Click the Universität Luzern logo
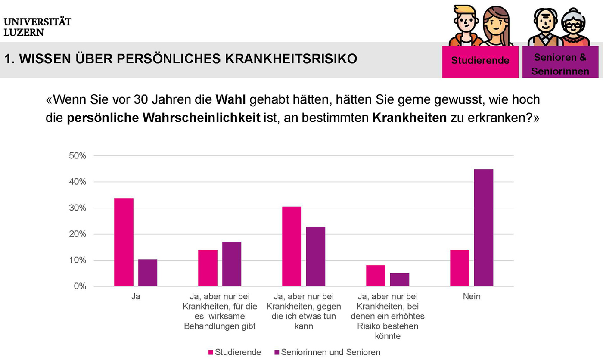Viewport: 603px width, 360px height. click(37, 27)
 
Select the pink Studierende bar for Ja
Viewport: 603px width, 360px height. click(124, 242)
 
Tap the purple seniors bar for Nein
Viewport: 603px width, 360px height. click(484, 228)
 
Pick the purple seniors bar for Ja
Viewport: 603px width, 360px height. click(148, 273)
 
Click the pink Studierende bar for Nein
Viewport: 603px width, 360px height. click(460, 268)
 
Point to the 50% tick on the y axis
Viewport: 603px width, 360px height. click(78, 156)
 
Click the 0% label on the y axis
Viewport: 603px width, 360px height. click(80, 286)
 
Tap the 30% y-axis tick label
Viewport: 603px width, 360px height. click(78, 208)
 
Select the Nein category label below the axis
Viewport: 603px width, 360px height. click(472, 296)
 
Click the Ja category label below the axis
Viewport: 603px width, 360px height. click(136, 296)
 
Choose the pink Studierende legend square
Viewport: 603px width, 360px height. click(211, 352)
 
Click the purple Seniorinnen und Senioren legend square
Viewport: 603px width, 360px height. click(277, 352)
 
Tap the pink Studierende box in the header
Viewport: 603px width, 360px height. click(480, 62)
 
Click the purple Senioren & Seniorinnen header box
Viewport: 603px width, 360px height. click(560, 62)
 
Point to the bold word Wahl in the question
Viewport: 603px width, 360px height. click(230, 99)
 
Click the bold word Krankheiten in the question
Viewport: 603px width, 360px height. click(410, 118)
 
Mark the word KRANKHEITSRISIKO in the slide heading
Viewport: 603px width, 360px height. click(291, 59)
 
